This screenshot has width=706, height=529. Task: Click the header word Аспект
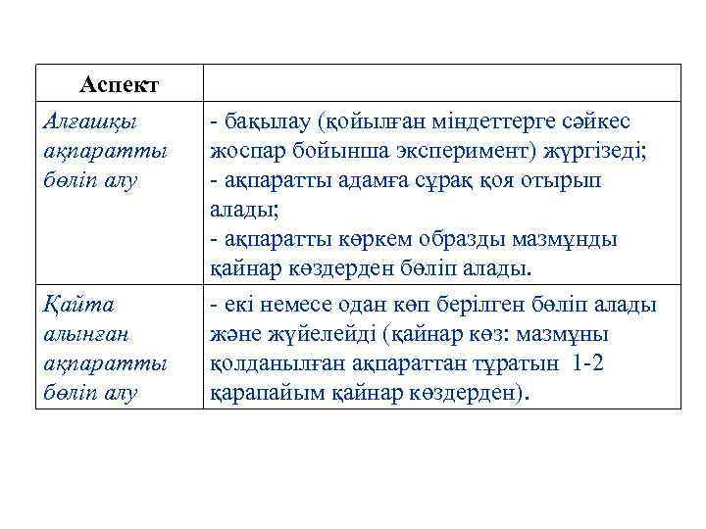tap(120, 83)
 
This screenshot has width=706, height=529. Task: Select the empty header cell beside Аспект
tap(441, 83)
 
